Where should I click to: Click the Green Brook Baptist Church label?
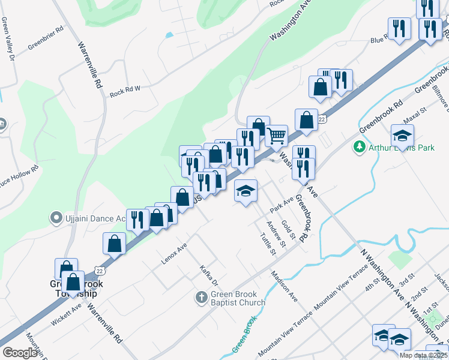(x=237, y=298)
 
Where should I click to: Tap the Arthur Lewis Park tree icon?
(x=360, y=146)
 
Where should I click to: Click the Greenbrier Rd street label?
(x=46, y=35)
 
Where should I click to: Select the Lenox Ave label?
(x=174, y=254)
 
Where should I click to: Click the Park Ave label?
(x=281, y=204)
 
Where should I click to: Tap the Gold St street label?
(x=289, y=229)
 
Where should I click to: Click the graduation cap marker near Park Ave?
(x=246, y=191)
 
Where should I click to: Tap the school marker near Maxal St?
(x=402, y=135)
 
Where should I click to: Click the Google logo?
(x=20, y=353)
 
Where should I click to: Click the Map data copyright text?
(x=423, y=355)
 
